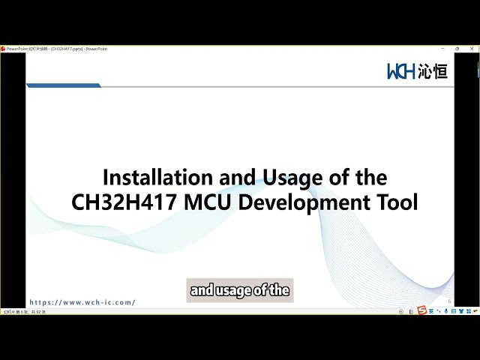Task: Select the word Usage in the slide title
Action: [x=290, y=178]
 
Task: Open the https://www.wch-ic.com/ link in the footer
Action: [x=82, y=302]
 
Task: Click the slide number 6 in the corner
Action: [x=448, y=301]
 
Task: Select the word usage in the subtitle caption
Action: [x=232, y=290]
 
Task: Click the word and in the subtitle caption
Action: [x=202, y=290]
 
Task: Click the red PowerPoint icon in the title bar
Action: [x=3, y=49]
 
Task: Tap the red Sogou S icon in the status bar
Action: [x=421, y=310]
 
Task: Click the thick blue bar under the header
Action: [x=64, y=85]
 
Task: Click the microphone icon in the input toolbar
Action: [x=446, y=310]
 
